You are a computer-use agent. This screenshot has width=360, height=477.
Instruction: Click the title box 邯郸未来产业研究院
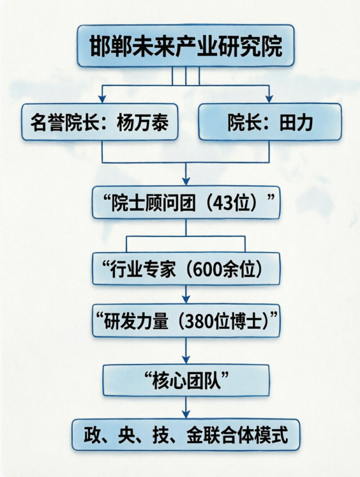pos(186,45)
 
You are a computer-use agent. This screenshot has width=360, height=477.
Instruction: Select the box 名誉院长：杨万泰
pos(100,122)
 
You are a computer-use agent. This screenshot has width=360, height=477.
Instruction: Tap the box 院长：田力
pos(270,122)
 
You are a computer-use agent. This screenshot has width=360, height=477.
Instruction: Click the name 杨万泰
pos(142,123)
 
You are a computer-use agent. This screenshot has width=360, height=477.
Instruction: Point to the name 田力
pos(296,123)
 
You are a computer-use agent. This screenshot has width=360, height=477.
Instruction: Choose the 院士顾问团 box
pos(186,202)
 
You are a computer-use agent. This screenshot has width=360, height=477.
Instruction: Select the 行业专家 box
pos(186,269)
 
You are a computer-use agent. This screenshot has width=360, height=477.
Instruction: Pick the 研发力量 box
pos(186,321)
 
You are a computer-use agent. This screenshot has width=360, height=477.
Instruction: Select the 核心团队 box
pos(186,381)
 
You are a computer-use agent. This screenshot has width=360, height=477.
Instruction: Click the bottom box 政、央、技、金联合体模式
pos(186,435)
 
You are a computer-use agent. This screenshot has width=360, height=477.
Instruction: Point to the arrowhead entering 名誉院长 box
pos(102,99)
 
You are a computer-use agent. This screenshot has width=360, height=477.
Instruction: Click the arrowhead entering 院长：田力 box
pos(269,99)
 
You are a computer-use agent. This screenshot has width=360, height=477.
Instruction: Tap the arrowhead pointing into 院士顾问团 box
pos(186,181)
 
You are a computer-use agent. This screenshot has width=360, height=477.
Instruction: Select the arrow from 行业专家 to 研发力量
pos(186,294)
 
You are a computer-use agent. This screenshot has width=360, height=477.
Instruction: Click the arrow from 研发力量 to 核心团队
pos(186,351)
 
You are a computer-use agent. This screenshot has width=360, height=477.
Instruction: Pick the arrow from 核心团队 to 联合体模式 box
pos(186,407)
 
